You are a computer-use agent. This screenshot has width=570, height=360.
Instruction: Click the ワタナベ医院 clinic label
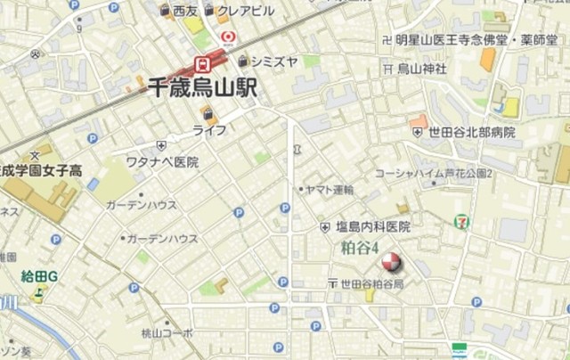(x=162, y=162)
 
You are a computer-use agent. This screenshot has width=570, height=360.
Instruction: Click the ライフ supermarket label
(x=209, y=130)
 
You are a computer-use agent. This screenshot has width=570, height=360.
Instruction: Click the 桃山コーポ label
(x=167, y=333)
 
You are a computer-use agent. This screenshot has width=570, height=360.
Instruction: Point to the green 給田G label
(x=39, y=276)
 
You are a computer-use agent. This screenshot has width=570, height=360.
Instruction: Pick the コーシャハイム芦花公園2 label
(x=434, y=173)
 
